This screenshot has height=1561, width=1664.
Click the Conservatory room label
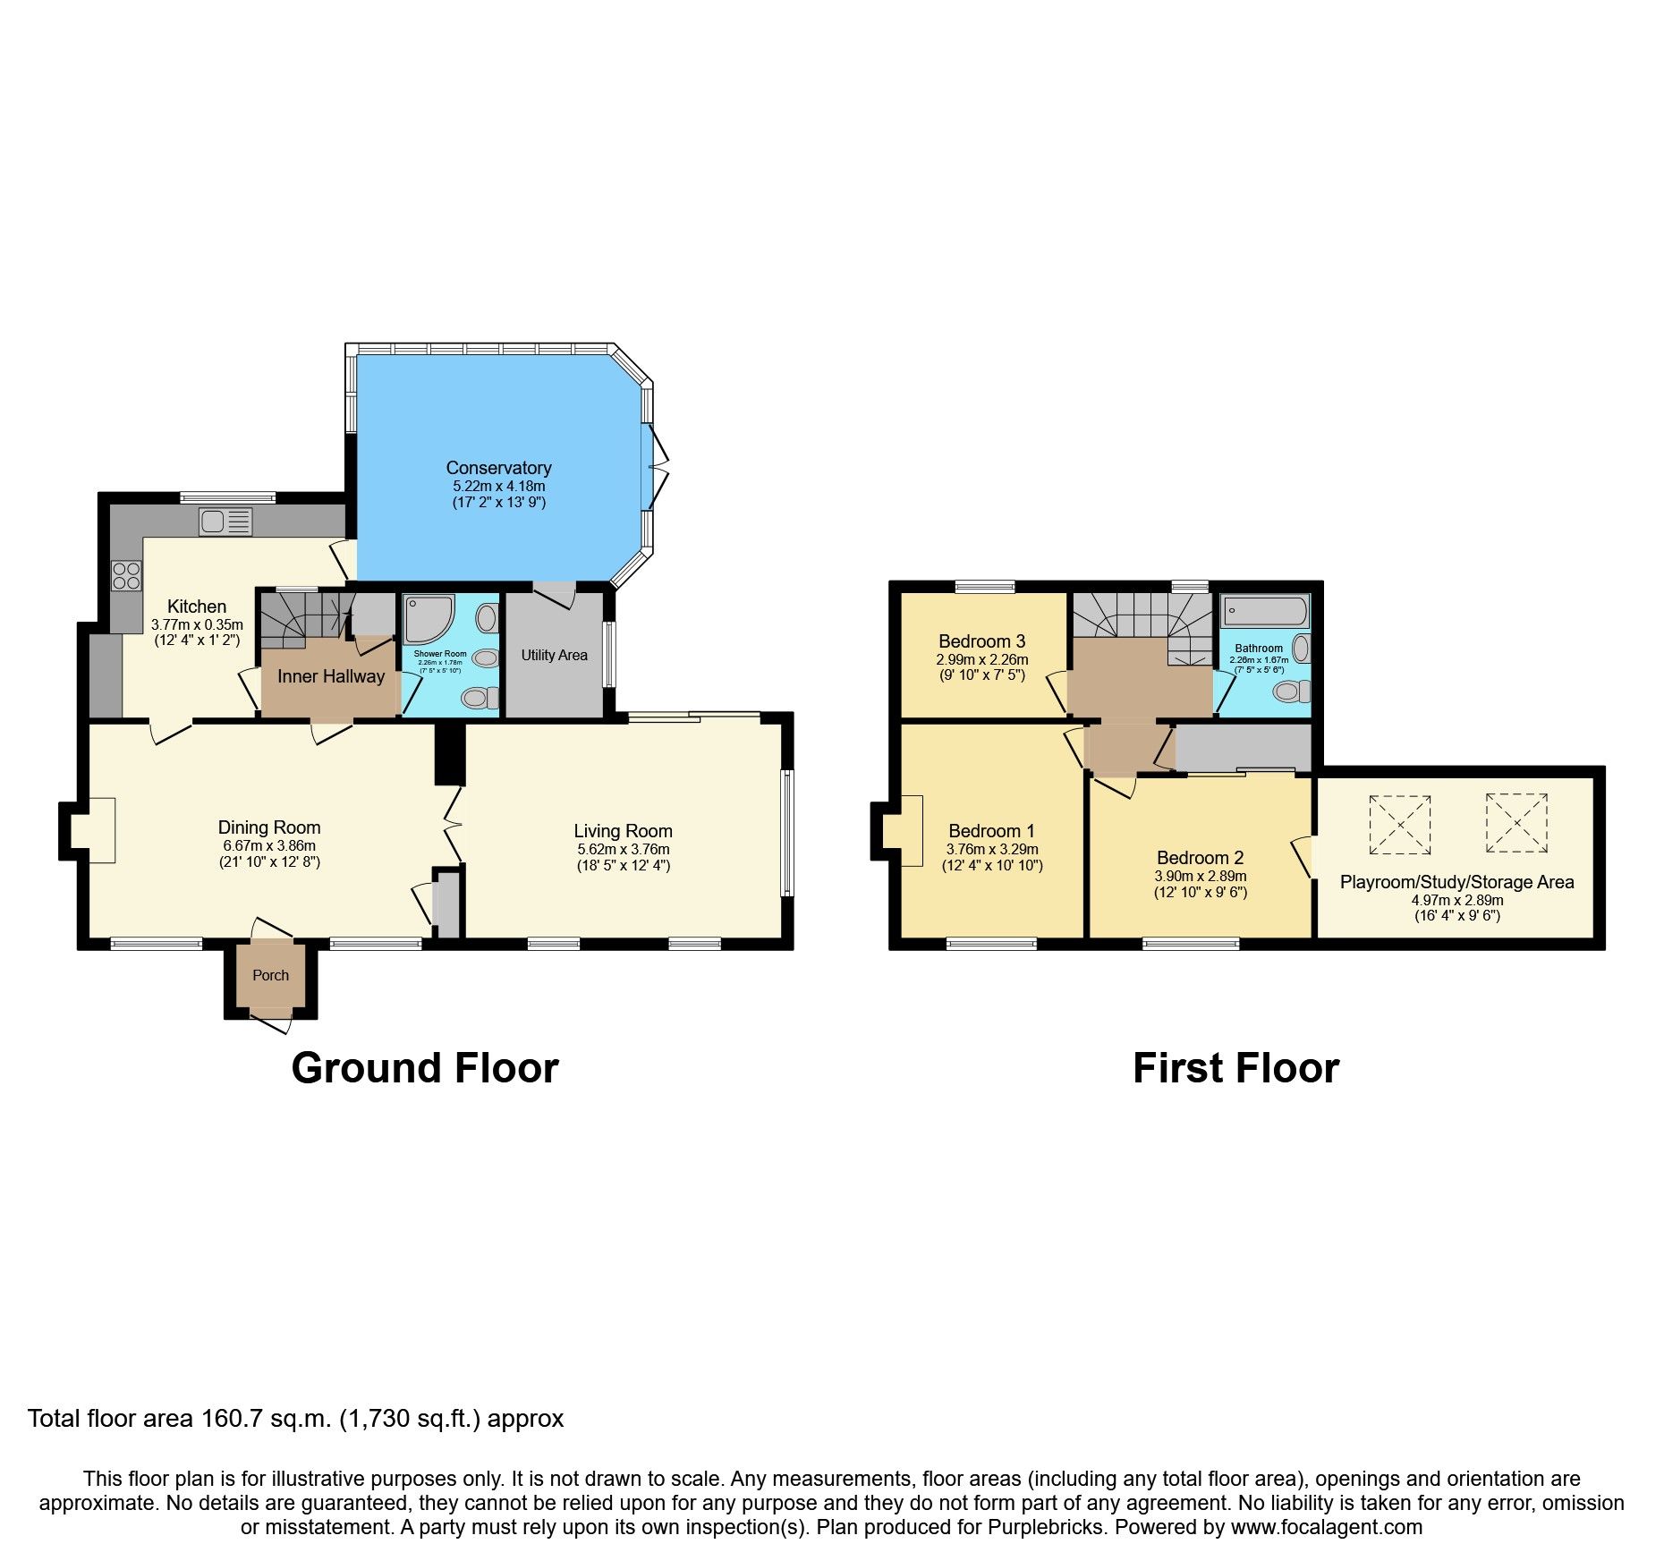point(498,468)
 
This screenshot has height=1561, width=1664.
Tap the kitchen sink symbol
point(225,522)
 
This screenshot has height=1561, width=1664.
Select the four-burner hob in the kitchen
point(126,575)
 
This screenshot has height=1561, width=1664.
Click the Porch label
point(270,975)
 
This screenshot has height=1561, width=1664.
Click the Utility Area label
point(554,655)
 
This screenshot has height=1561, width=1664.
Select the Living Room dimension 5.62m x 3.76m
point(623,850)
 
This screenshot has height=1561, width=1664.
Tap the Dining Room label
point(269,827)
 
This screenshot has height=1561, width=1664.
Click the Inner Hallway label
point(330,676)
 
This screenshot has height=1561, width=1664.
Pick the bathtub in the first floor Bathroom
point(1264,612)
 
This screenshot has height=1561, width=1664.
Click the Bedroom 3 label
point(981,641)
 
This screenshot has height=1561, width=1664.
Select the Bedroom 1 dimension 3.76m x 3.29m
point(992,850)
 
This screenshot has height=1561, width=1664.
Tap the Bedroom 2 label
point(1200,857)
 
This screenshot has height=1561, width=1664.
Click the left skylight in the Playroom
point(1400,824)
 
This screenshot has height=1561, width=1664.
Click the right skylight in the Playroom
point(1516,822)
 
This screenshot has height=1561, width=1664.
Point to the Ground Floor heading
point(425,1068)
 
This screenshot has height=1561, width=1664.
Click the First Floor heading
point(1235,1068)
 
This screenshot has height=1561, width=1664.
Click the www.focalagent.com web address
point(1326,1527)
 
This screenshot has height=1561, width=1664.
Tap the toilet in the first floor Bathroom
point(1290,691)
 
